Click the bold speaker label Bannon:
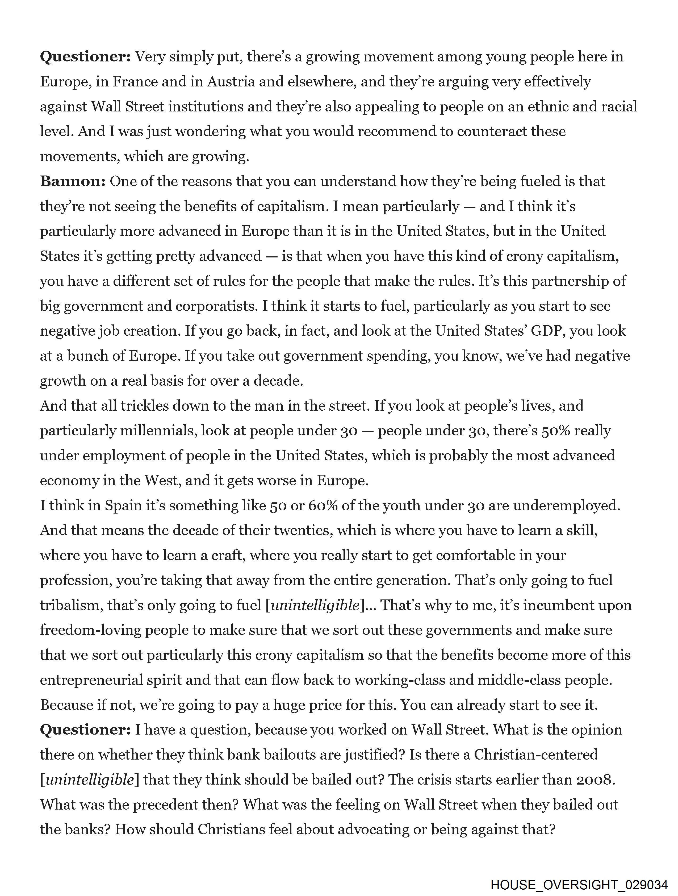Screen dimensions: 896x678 (x=73, y=181)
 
